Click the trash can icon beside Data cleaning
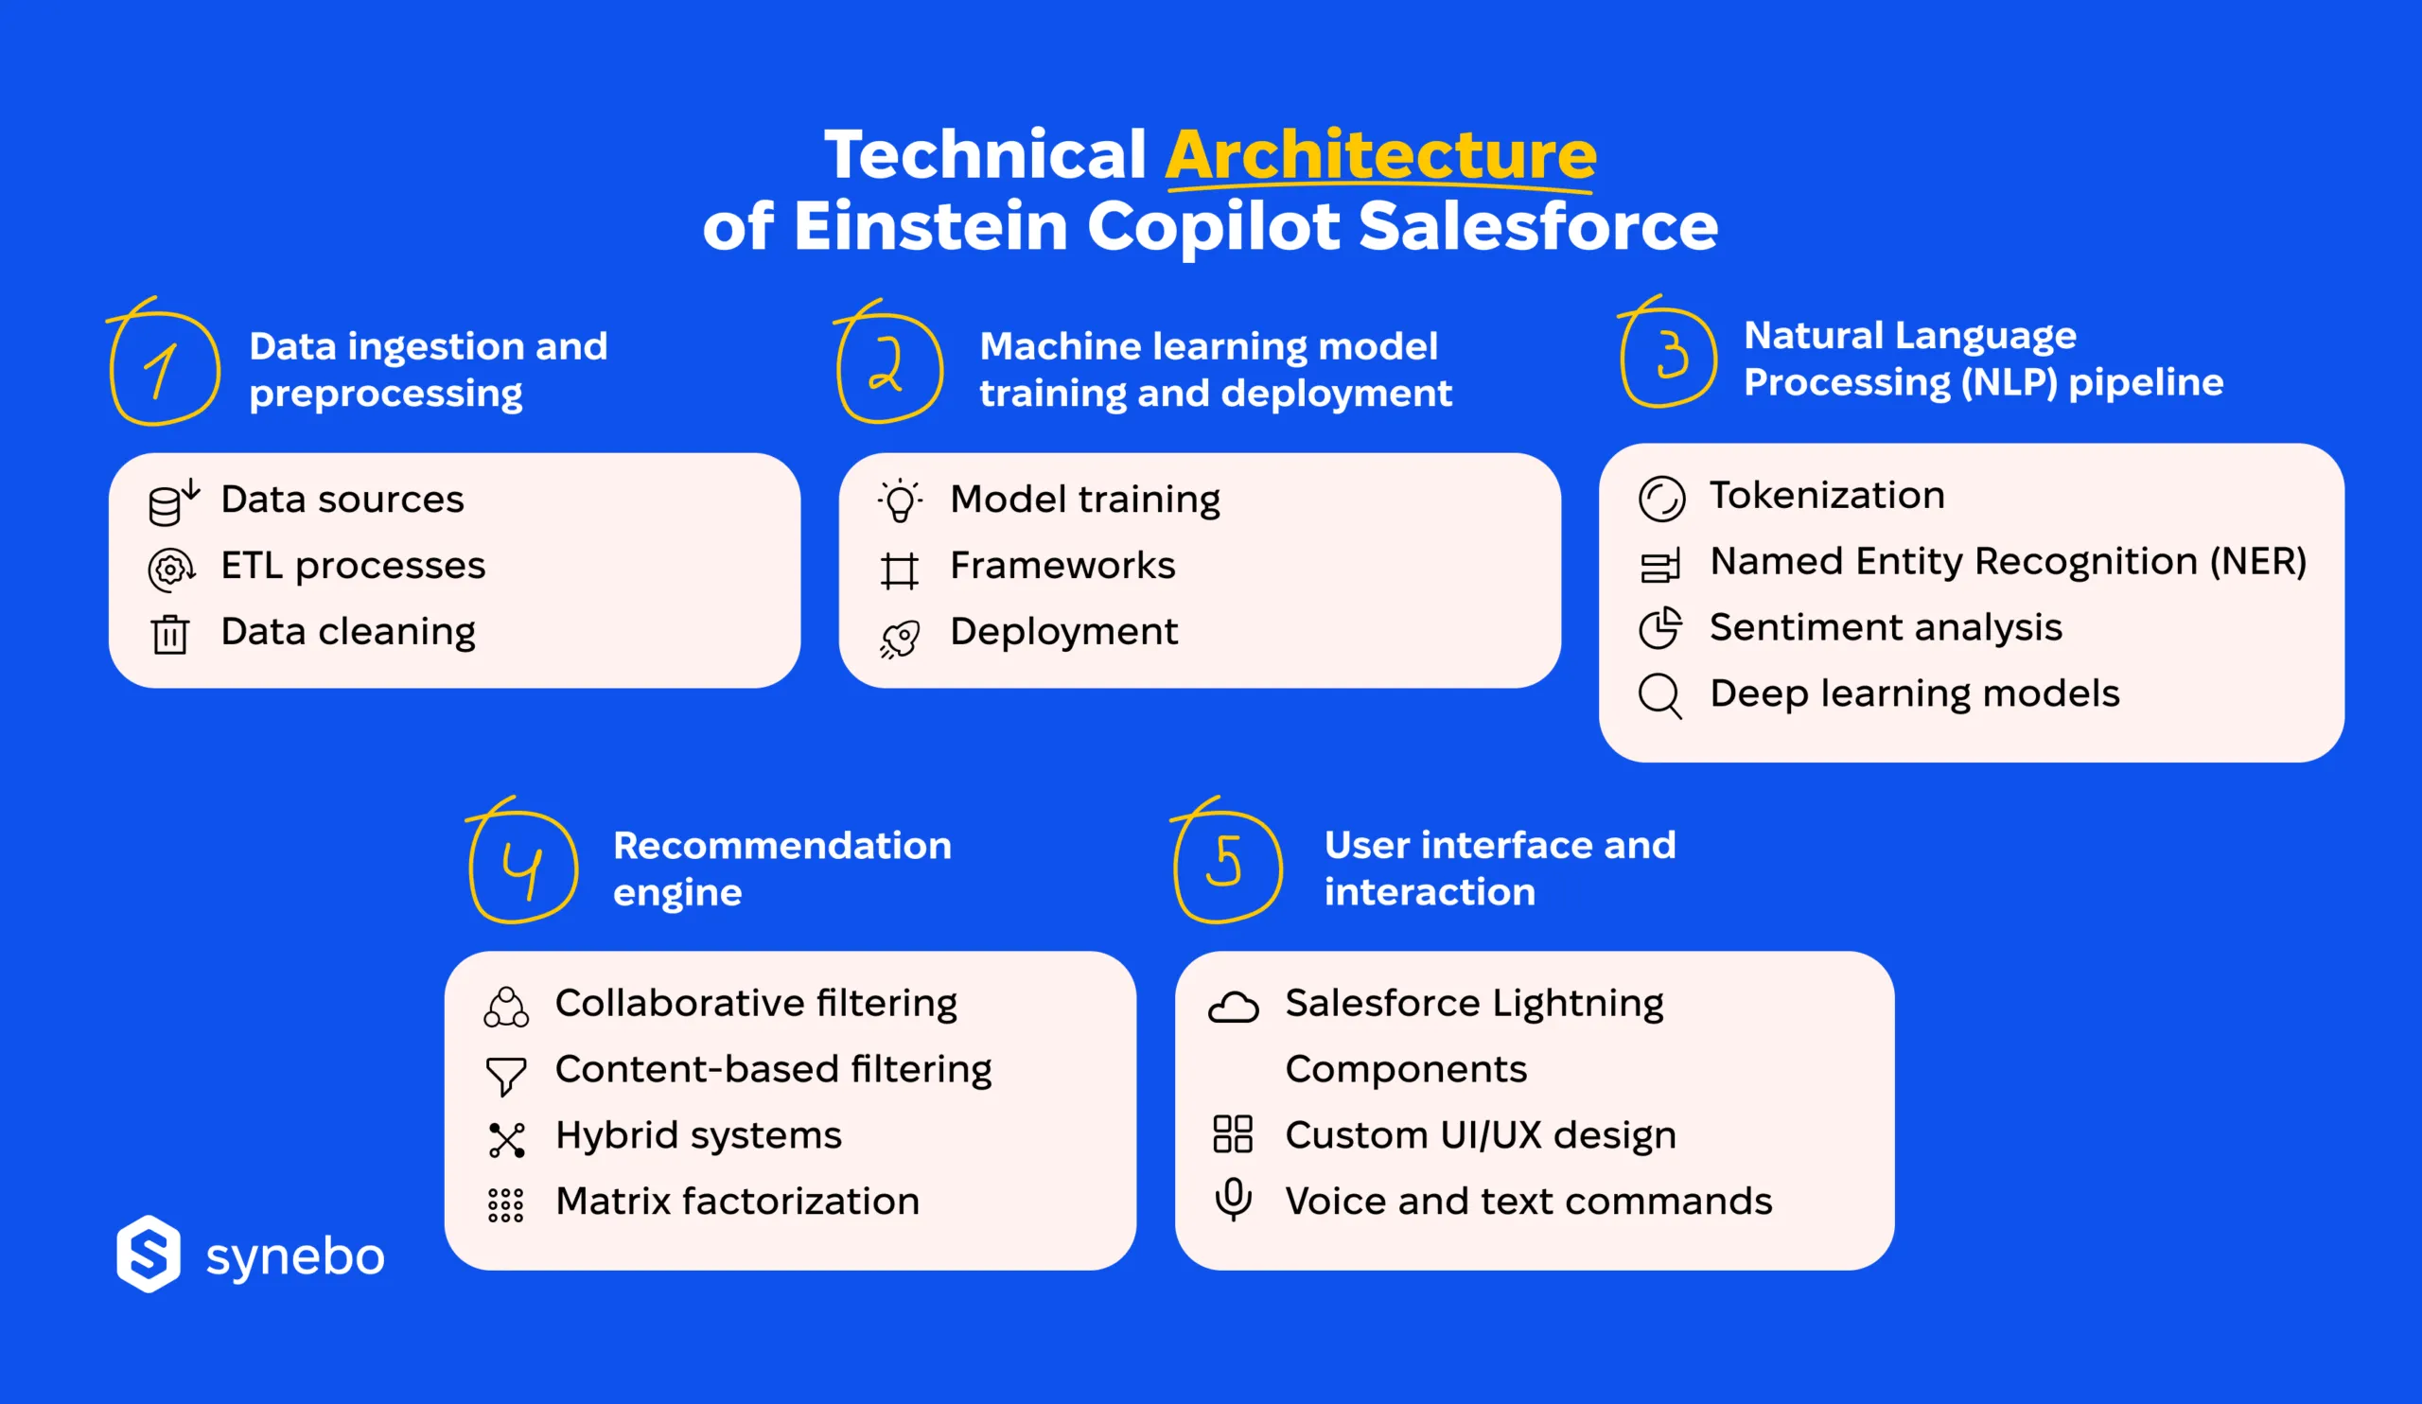coord(170,634)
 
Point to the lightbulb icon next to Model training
coord(900,500)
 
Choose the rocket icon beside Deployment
coord(901,637)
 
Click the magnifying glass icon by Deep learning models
coord(1659,694)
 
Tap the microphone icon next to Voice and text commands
coord(1233,1200)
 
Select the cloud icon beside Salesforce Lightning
coord(1233,1007)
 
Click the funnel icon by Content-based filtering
coord(505,1075)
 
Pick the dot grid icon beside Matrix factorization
coord(505,1204)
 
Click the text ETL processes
coord(353,565)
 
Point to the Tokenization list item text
coord(1826,495)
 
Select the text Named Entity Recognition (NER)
coord(2007,561)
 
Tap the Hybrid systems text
coord(698,1135)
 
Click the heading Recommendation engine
coord(781,868)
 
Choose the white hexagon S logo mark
coord(148,1254)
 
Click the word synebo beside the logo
coord(295,1257)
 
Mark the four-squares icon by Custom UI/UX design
coord(1232,1134)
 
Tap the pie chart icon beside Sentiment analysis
coord(1659,627)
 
